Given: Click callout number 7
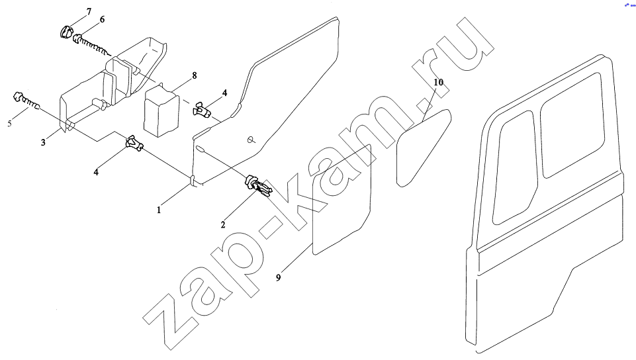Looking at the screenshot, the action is (89, 11).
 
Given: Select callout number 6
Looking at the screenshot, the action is (102, 19).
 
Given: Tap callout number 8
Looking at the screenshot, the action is (195, 75).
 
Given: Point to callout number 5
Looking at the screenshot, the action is (10, 123).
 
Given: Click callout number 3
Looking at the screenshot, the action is (43, 142).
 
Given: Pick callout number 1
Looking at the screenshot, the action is (159, 210).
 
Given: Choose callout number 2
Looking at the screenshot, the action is (223, 224).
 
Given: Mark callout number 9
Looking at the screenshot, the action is (278, 278).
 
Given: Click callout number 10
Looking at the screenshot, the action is (439, 82).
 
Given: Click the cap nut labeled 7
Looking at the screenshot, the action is (66, 32).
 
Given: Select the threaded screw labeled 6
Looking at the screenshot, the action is (91, 44).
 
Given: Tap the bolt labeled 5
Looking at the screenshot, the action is (26, 101).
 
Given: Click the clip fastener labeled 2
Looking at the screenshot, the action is (258, 185).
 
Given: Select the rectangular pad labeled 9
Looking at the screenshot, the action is (341, 200).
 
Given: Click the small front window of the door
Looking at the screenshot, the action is (514, 167).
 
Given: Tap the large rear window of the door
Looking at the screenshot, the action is (572, 125).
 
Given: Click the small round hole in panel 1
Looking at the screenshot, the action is (251, 140).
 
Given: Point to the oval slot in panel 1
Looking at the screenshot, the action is (200, 149).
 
